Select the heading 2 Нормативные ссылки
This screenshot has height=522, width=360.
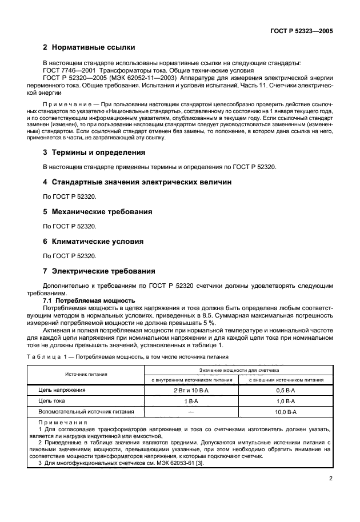coord(89,47)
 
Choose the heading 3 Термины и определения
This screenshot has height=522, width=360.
coord(94,152)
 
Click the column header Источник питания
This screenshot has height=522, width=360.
coord(86,374)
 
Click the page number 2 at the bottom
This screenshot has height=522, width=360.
coord(331,480)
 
